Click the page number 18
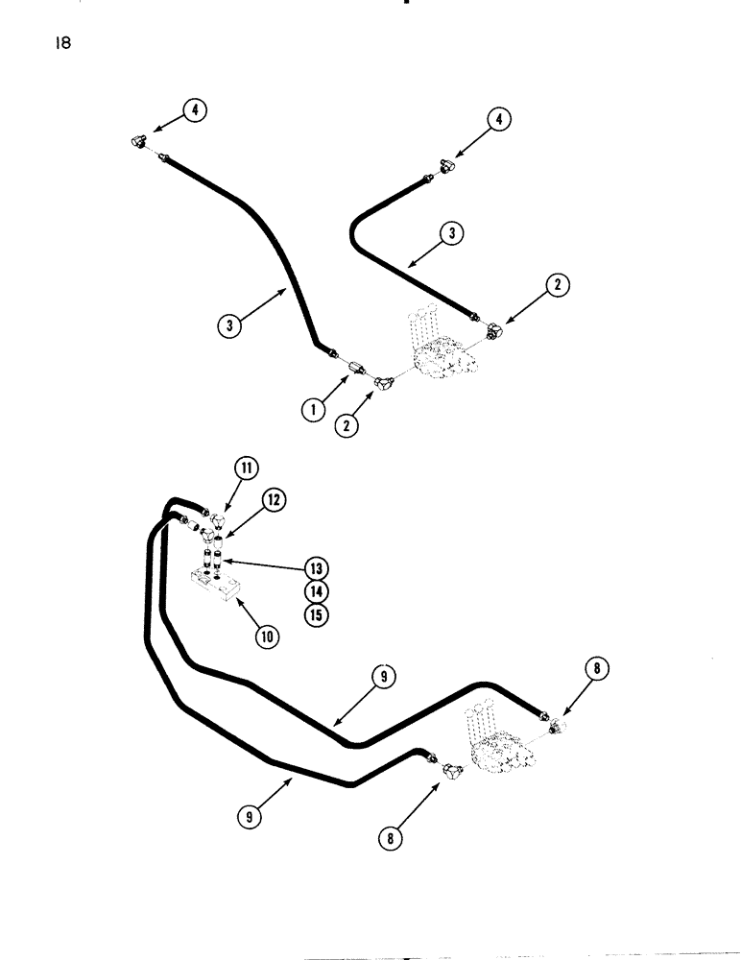[x=64, y=43]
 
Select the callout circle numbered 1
[x=312, y=410]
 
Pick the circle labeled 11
[x=245, y=469]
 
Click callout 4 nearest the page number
[x=195, y=110]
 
